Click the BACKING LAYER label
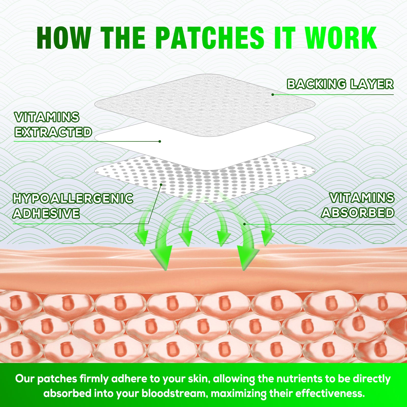point(340,84)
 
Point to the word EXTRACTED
point(53,132)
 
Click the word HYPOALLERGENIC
point(73,198)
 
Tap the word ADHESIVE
point(46,213)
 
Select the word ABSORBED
point(358,213)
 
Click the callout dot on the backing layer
point(273,95)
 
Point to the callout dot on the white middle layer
point(160,141)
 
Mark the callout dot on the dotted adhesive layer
point(161,184)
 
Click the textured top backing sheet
point(205,105)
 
